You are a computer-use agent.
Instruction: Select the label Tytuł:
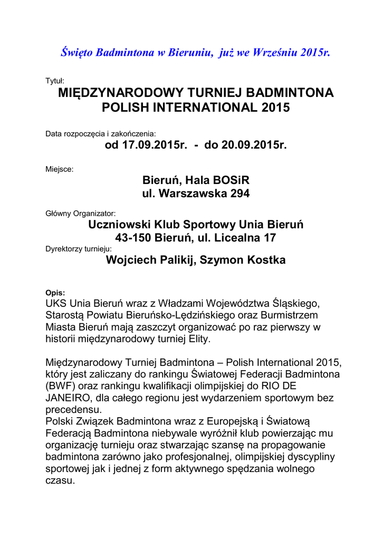[x=55, y=81]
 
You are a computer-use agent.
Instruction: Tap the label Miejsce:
[x=60, y=170]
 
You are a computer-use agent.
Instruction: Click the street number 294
[x=240, y=194]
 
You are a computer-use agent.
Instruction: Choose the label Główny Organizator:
[x=80, y=214]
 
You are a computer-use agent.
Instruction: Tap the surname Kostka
[x=266, y=260]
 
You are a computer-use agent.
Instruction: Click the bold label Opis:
[x=55, y=293]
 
